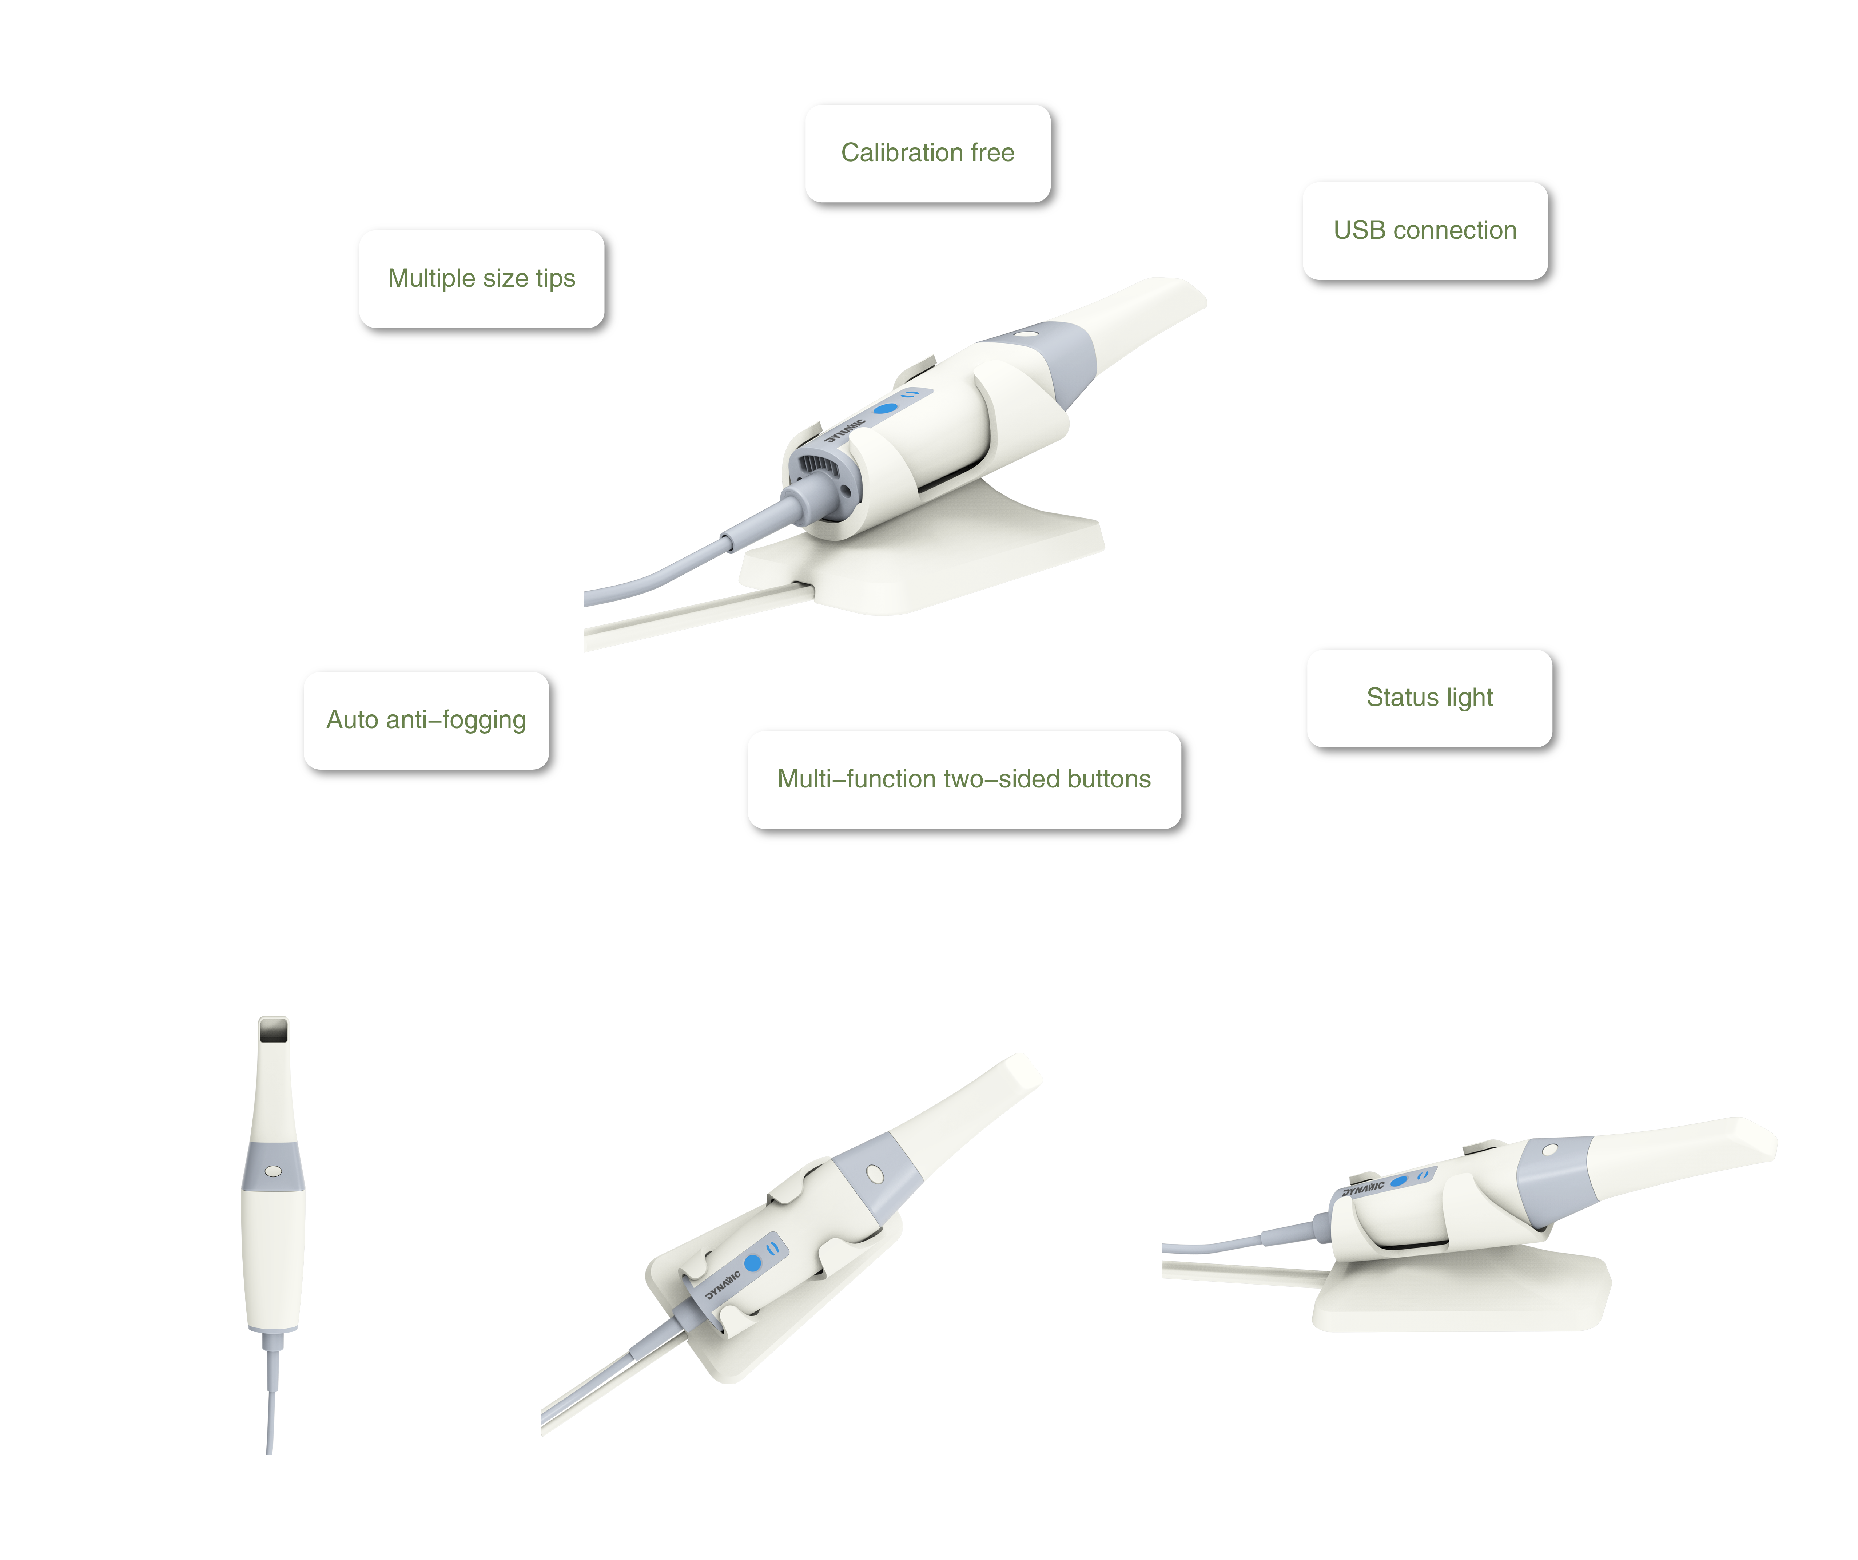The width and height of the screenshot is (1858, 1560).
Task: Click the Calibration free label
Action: tap(927, 153)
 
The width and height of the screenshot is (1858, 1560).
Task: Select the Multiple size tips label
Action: tap(481, 279)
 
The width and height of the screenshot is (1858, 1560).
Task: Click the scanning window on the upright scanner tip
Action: tap(273, 1030)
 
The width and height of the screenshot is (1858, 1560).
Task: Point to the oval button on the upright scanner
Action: tap(273, 1171)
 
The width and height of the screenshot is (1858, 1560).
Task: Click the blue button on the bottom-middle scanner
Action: tap(753, 1263)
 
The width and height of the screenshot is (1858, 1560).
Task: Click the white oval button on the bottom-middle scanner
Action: tap(875, 1173)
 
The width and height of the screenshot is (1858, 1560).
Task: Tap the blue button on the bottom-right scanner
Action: tap(1399, 1180)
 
